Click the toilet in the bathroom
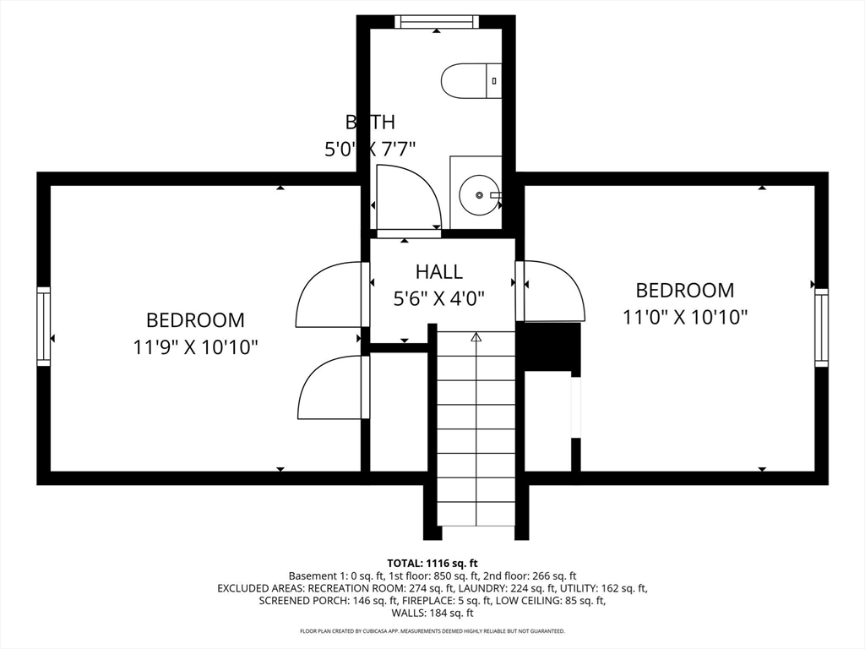(x=471, y=81)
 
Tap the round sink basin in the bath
(x=479, y=195)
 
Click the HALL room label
(x=438, y=272)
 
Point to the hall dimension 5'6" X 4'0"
(x=438, y=297)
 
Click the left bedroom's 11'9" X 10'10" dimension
(x=195, y=346)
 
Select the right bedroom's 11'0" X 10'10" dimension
(x=685, y=317)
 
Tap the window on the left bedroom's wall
(x=43, y=326)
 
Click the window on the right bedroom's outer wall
(x=821, y=327)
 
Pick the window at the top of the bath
(x=437, y=21)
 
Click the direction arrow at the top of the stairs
(x=476, y=337)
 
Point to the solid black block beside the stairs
(x=548, y=346)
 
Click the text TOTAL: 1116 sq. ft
(x=432, y=563)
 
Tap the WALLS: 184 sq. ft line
(x=432, y=613)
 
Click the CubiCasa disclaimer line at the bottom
(x=432, y=631)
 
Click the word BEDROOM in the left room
(x=195, y=320)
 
